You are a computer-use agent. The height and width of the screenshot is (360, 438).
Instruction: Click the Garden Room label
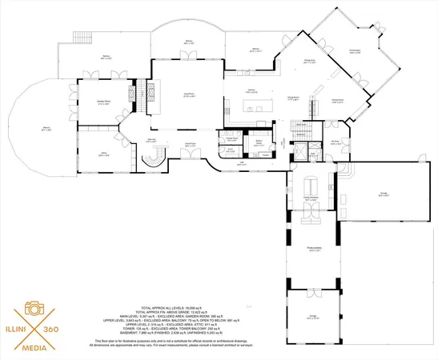[x=102, y=102]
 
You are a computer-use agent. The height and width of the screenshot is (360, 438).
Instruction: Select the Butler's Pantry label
[x=260, y=142]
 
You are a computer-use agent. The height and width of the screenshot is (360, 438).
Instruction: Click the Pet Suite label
[x=335, y=143]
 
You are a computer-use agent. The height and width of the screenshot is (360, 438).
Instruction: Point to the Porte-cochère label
[x=305, y=249]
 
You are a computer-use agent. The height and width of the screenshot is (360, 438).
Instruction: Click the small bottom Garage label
[x=308, y=317]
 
